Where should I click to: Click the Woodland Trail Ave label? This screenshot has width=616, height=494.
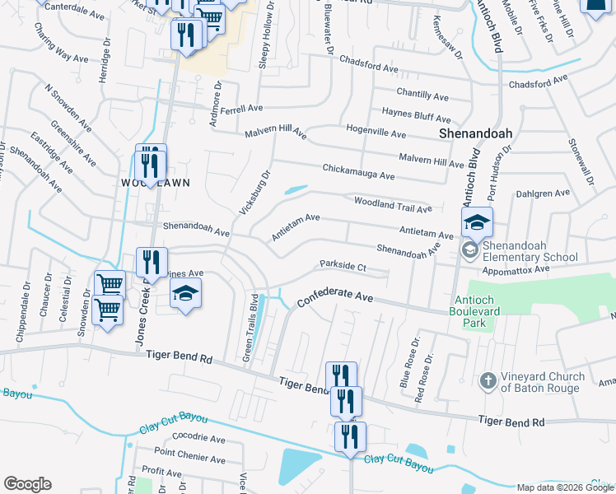392,203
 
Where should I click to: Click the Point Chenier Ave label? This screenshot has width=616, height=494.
189,453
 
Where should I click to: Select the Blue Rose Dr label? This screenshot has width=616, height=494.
409,362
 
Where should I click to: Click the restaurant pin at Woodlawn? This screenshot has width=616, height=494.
150,162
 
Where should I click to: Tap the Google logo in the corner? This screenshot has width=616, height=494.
27,484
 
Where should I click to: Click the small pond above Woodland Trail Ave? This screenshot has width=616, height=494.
295,191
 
